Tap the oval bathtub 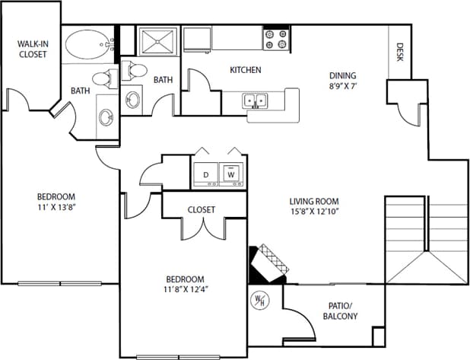(87, 44)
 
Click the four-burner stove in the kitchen (275, 39)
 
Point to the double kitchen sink (255, 100)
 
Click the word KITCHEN (246, 70)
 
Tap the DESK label (400, 52)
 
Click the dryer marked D (205, 175)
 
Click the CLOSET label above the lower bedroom (201, 209)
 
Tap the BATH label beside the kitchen (163, 79)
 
